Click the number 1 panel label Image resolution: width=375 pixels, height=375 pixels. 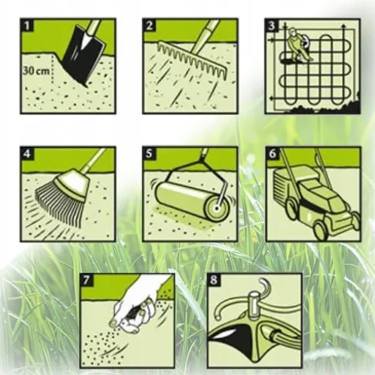[27, 25]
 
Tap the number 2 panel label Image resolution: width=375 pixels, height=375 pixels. [149, 25]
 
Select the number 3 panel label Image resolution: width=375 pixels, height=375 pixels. [272, 25]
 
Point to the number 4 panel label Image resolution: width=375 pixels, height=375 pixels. [27, 153]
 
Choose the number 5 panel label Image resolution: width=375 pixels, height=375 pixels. [149, 153]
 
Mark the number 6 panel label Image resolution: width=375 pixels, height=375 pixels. [272, 153]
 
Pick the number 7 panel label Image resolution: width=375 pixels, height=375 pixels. [87, 280]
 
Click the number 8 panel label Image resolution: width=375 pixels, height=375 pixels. [213, 280]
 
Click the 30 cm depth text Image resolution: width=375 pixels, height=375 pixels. [37, 71]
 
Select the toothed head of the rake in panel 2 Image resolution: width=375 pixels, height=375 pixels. [192, 59]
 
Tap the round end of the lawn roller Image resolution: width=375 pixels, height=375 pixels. [217, 208]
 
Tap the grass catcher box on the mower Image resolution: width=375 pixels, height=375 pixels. [284, 189]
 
